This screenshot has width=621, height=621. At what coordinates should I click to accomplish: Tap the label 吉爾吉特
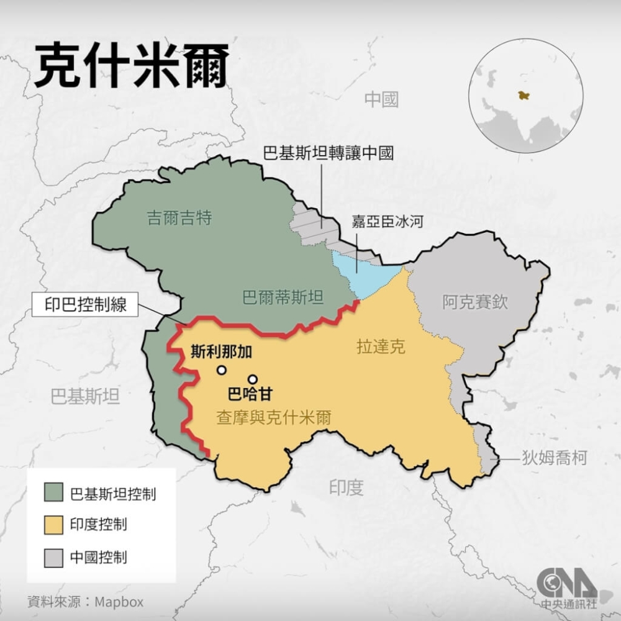click(179, 218)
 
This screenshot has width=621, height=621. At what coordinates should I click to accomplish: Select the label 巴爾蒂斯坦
click(283, 297)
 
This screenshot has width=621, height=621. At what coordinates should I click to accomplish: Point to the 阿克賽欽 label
click(475, 302)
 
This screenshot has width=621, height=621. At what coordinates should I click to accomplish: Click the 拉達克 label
click(381, 347)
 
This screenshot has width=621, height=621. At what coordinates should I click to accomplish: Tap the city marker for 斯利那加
click(221, 370)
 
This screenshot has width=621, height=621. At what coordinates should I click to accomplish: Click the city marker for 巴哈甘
click(252, 379)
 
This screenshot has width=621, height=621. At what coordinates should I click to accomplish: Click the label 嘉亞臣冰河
click(388, 221)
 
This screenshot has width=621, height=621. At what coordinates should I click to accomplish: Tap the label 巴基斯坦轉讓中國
click(329, 153)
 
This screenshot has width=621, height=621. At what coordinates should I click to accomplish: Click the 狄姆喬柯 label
click(554, 458)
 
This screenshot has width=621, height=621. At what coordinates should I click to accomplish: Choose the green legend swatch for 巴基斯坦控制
click(53, 493)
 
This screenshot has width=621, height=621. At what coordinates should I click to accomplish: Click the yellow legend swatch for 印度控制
click(53, 525)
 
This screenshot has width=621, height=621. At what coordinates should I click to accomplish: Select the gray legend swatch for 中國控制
click(53, 556)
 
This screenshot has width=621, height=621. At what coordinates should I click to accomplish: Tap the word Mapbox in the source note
click(119, 602)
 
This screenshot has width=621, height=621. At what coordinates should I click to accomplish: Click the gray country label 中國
click(381, 99)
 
